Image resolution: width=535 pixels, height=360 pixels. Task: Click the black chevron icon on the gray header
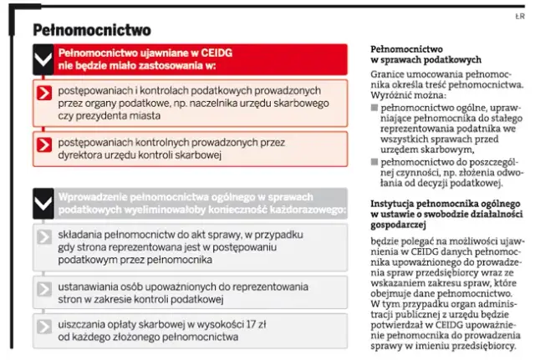pos(43,202)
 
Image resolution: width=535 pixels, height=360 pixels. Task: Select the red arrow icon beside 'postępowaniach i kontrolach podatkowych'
pos(45,94)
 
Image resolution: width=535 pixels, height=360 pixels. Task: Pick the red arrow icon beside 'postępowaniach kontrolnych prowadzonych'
pos(45,148)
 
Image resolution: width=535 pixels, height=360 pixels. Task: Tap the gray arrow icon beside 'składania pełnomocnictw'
pos(45,237)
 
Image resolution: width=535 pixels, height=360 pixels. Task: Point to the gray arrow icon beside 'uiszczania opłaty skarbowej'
pos(45,327)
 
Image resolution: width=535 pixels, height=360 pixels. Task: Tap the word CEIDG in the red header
pos(214,52)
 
